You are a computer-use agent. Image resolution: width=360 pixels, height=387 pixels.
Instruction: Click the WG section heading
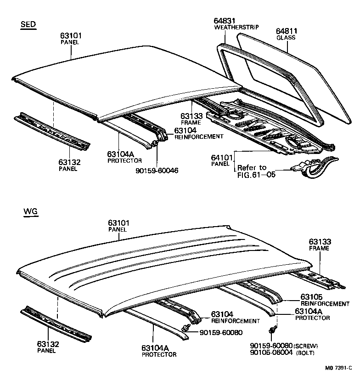30,212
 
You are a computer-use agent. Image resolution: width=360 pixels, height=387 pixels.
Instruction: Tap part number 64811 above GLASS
287,31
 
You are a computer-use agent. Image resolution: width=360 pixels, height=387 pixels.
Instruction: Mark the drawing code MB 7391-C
339,368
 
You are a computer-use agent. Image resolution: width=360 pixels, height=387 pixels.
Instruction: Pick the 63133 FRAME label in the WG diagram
320,241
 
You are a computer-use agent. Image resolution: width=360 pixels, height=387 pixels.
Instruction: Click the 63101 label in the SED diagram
70,35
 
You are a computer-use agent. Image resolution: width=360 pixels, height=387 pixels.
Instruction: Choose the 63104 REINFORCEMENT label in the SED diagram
186,131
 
